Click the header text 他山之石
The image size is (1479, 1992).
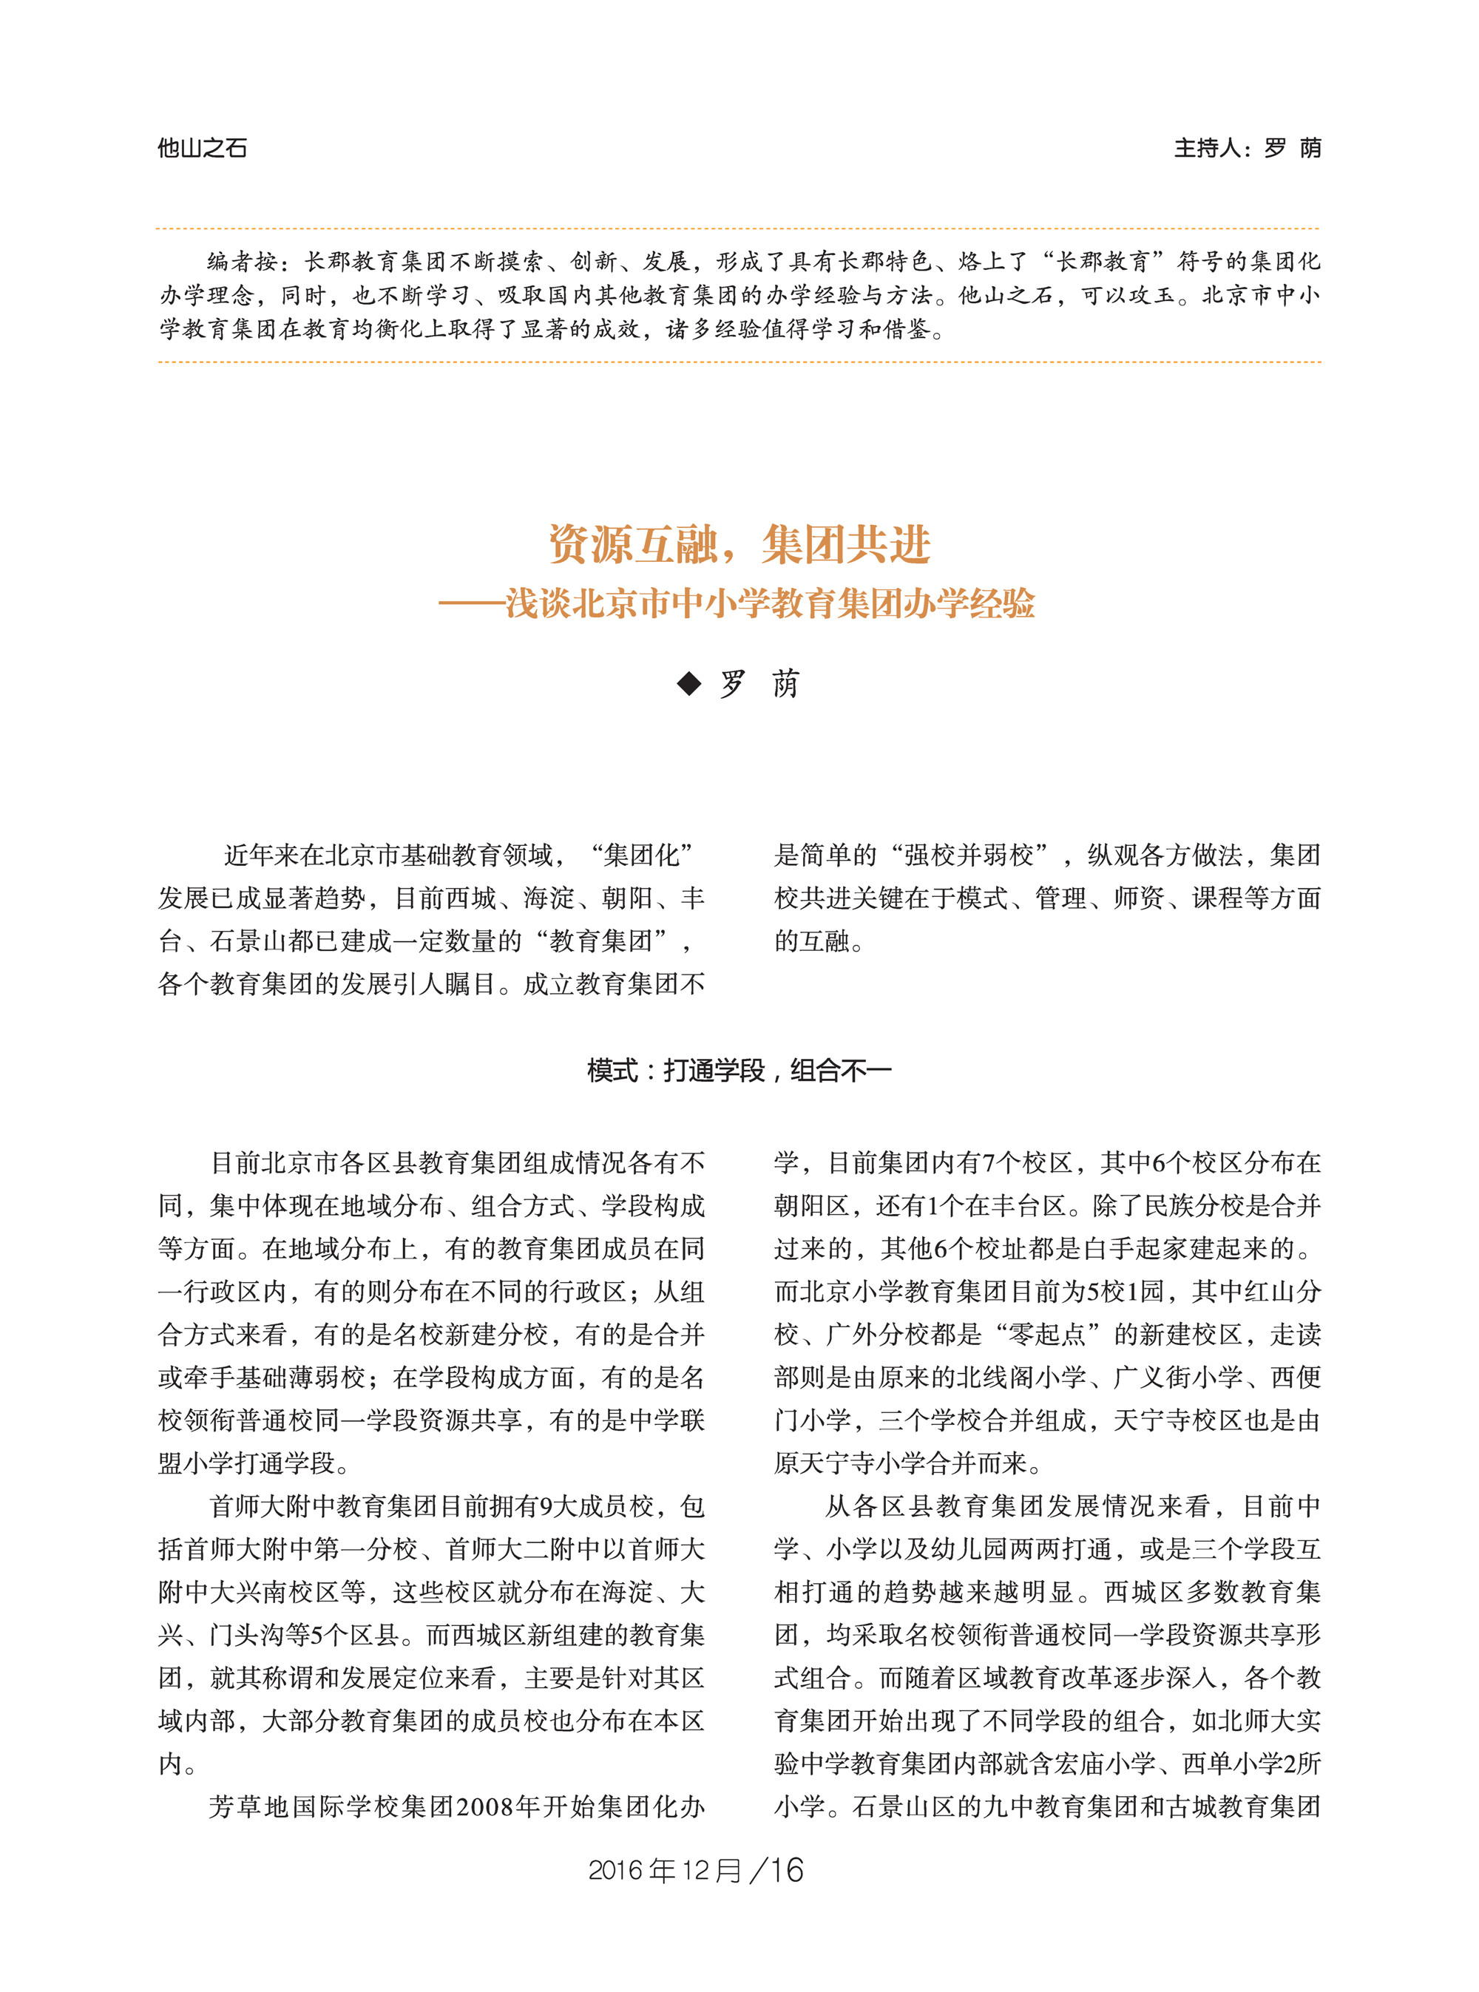pos(203,148)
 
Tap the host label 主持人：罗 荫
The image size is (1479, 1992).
pos(1246,148)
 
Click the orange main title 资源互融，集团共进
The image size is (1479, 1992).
pos(739,544)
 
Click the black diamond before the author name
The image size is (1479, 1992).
pos(688,684)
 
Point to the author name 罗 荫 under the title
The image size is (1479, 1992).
pos(759,684)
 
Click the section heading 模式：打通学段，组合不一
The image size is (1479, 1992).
pos(739,1070)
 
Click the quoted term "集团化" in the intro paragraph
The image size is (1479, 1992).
pos(641,855)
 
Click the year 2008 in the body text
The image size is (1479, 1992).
pos(484,1806)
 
